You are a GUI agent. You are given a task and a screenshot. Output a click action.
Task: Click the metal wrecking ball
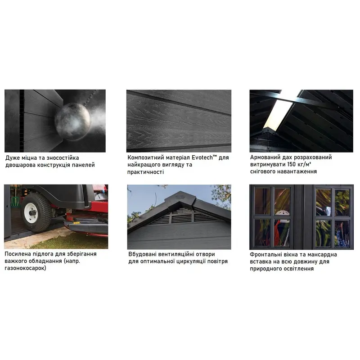coord(73,121)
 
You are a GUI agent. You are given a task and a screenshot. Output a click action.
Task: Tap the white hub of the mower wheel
coord(31,213)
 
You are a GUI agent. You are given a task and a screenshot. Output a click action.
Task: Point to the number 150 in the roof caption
coord(291,164)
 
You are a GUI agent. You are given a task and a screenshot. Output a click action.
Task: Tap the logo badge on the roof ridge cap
coord(179,197)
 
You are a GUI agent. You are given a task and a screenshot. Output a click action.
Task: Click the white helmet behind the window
coord(282,213)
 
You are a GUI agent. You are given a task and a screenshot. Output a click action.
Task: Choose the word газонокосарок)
coord(25,268)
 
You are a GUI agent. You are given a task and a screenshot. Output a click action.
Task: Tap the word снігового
coord(262,172)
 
